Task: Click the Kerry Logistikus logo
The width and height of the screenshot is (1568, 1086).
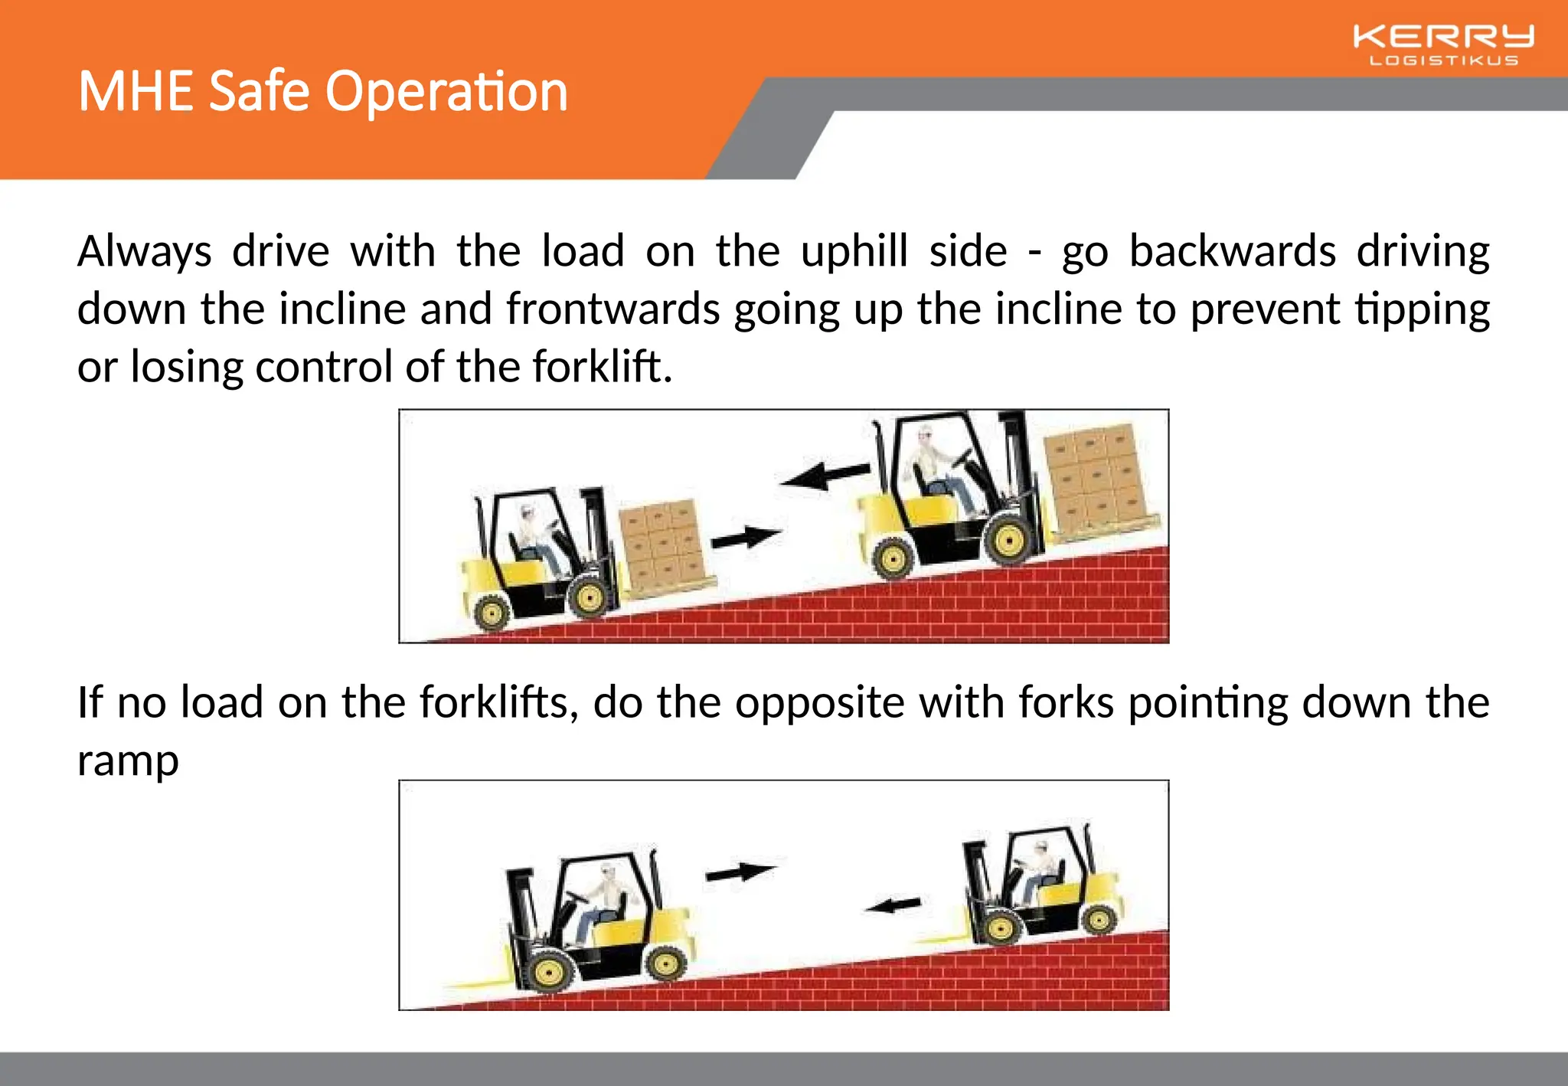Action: [1443, 44]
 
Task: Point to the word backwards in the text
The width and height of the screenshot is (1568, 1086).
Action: [1232, 251]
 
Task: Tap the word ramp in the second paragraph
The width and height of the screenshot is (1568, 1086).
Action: [128, 761]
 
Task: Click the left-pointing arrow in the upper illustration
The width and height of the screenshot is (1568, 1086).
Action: [824, 475]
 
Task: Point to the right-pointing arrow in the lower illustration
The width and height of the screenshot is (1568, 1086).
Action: [740, 872]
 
